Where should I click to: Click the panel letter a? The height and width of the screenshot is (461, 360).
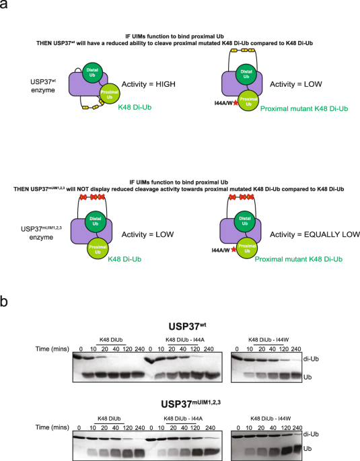5,7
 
